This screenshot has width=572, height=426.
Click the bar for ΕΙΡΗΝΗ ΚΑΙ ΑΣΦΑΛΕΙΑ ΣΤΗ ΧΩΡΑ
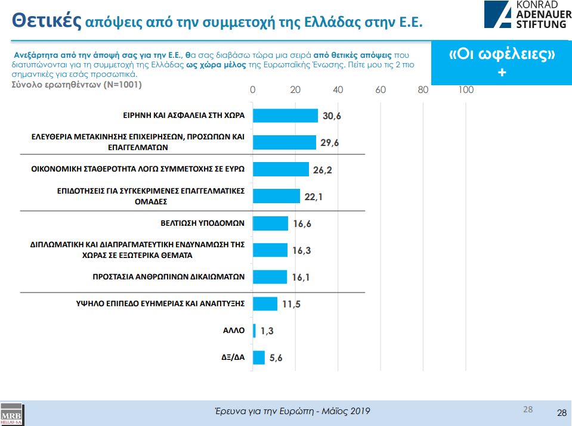pos(285,115)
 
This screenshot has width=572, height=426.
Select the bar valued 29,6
pos(284,142)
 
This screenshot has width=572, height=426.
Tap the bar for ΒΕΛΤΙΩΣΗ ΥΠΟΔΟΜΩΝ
pos(270,223)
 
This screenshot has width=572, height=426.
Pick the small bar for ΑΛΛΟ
pos(255,331)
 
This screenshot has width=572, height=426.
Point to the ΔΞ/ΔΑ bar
pos(259,357)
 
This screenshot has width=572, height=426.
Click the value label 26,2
pos(321,170)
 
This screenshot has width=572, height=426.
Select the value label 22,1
pos(312,197)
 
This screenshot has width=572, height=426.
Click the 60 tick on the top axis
pos(380,90)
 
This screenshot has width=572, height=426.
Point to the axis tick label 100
pos(466,90)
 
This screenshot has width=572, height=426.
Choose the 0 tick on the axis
pos(253,90)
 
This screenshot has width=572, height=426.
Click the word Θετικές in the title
pos(47,20)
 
